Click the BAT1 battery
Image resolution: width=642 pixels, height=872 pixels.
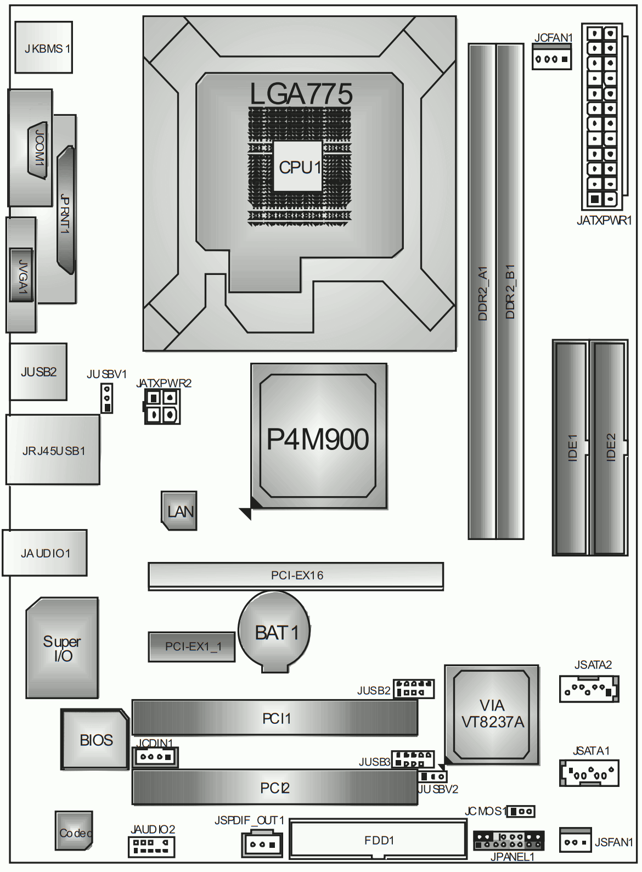point(274,632)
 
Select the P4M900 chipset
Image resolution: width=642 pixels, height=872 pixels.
point(319,436)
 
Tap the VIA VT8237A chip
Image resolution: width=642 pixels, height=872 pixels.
point(492,715)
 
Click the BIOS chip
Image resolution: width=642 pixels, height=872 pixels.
point(94,739)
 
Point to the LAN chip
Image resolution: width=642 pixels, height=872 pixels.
point(179,511)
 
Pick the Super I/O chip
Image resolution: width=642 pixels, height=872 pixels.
point(63,648)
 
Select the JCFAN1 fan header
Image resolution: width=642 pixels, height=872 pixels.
point(551,57)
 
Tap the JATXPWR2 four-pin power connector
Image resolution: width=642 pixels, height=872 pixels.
point(162,407)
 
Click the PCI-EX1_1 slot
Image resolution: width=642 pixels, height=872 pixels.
point(192,646)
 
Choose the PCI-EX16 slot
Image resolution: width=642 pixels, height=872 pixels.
point(296,576)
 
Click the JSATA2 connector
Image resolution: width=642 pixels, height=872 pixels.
point(589,689)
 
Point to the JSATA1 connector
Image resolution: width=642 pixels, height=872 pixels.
point(589,773)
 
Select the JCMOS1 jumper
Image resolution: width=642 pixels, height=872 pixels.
point(521,811)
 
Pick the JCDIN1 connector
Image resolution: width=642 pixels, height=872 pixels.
point(155,757)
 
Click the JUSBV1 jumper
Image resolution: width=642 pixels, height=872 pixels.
point(106,398)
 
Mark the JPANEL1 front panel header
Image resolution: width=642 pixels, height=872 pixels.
point(509,841)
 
